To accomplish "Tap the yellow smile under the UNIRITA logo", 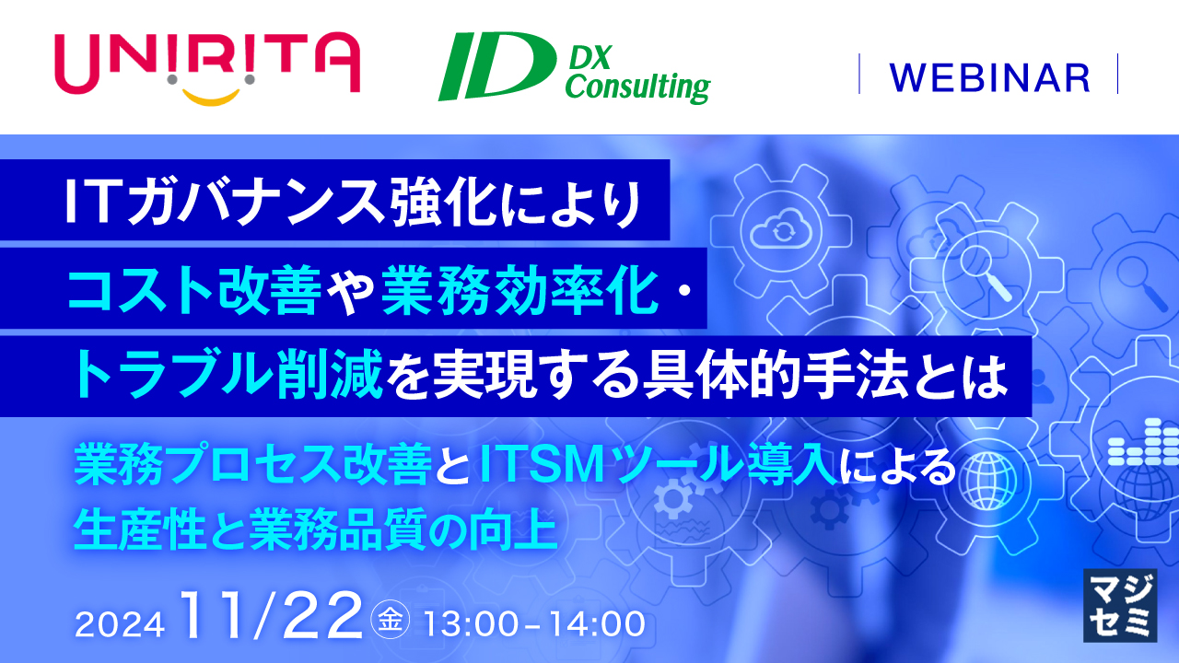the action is [211, 98].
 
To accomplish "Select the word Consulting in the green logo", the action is [638, 87].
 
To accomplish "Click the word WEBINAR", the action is [989, 78].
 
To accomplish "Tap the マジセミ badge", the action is [1120, 605].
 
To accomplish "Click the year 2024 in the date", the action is [120, 624].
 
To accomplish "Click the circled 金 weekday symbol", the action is [391, 620].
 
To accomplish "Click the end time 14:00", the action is [598, 624].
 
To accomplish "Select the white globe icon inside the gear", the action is [987, 481].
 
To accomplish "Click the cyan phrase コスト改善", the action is [194, 290].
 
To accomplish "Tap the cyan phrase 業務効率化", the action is [520, 290].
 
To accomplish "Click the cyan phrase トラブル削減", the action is [228, 376].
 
